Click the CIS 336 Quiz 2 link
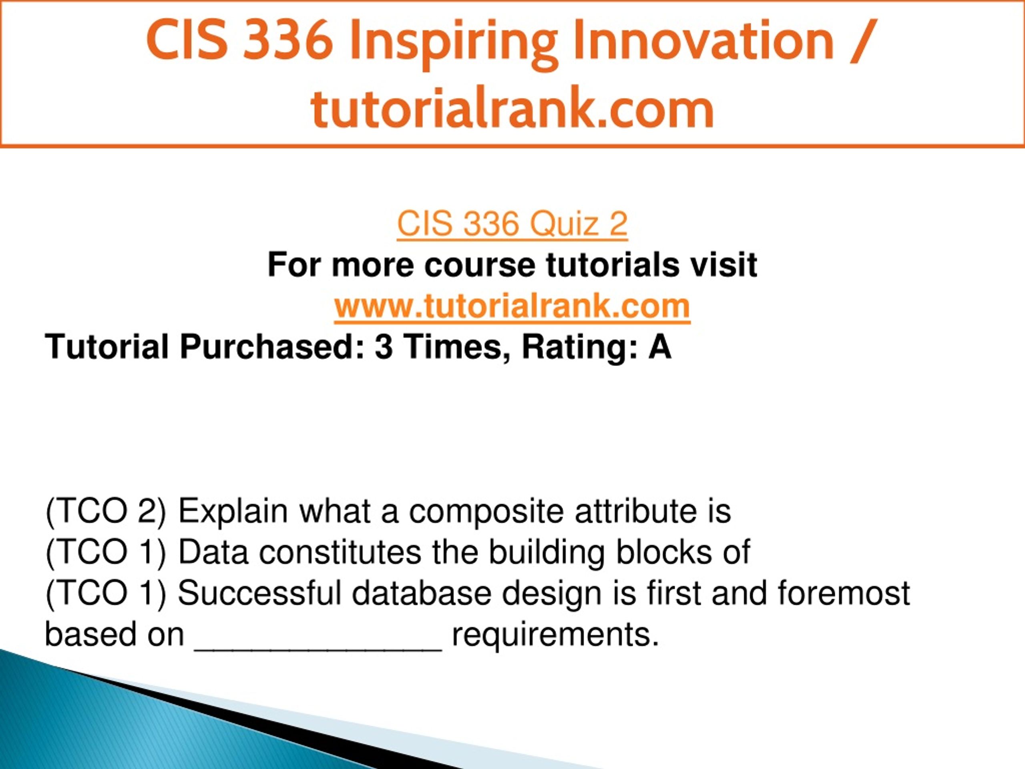[512, 224]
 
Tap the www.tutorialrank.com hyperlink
[512, 306]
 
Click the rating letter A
[659, 347]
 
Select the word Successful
[259, 593]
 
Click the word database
[421, 593]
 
